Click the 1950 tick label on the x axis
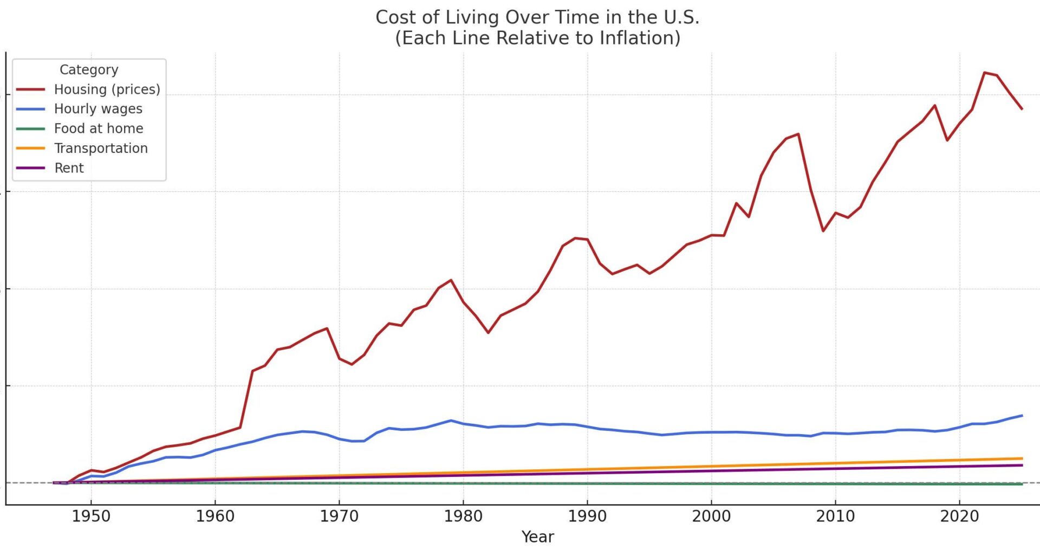[91, 516]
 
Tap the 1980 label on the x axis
[463, 516]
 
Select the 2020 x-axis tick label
[959, 516]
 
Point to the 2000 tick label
[711, 516]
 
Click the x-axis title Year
[537, 537]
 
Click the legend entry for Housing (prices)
[107, 89]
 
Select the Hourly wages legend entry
[98, 109]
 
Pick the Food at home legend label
[99, 128]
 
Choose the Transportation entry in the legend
[101, 149]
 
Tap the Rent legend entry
[69, 168]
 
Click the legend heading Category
[89, 70]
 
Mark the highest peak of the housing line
[984, 73]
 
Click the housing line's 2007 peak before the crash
[798, 134]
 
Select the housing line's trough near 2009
[823, 231]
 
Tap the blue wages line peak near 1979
[451, 421]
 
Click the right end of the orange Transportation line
[1022, 459]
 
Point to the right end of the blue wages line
[1022, 416]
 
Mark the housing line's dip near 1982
[488, 332]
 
